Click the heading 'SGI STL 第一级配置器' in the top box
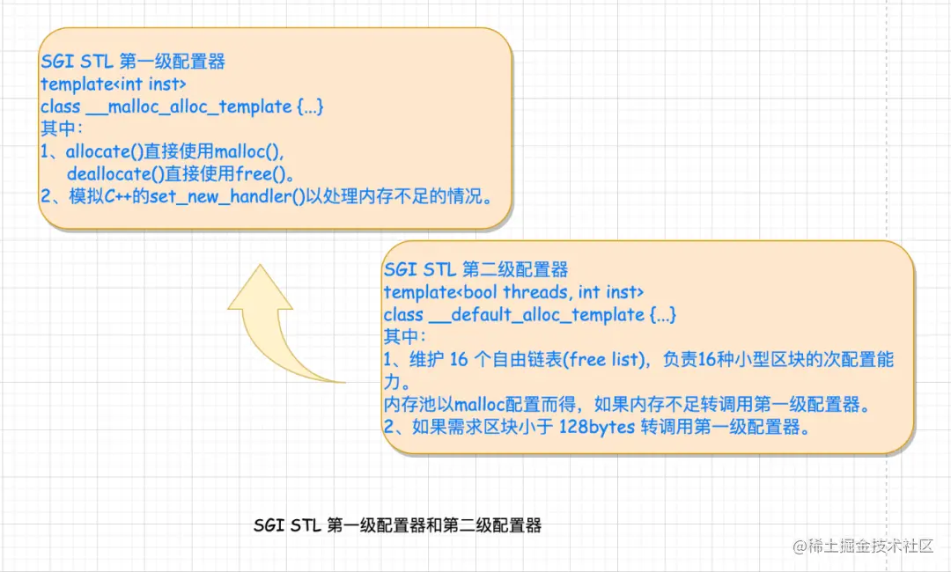pyautogui.click(x=133, y=62)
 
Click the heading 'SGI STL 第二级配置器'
pyautogui.click(x=475, y=269)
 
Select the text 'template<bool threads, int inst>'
pyautogui.click(x=514, y=291)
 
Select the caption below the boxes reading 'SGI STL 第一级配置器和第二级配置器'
pyautogui.click(x=397, y=526)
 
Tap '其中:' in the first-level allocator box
pyautogui.click(x=62, y=129)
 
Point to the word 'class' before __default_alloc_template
pyautogui.click(x=404, y=314)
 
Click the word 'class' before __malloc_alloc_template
pyautogui.click(x=61, y=106)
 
